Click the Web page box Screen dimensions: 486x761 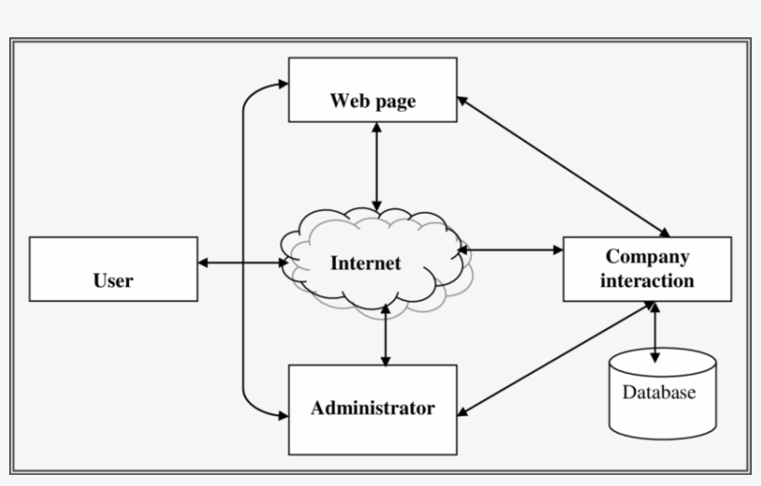point(372,90)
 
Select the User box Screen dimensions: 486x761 point(113,269)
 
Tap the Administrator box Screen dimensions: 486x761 point(372,409)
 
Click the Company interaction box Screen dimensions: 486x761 point(647,269)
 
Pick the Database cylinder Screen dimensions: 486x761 point(662,394)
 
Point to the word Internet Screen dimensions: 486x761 point(366,263)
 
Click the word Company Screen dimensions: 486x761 point(647,256)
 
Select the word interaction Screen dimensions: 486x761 point(647,281)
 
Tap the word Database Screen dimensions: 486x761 point(658,392)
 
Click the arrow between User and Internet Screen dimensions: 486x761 point(243,263)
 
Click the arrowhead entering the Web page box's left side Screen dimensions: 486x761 point(282,84)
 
